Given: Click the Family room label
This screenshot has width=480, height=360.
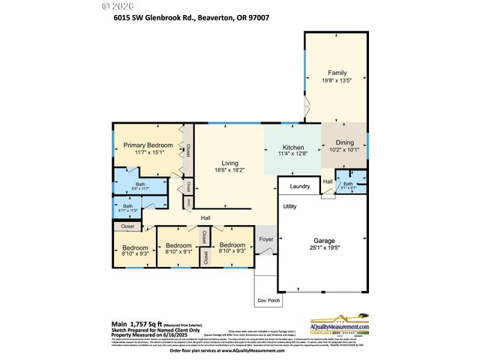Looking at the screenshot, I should pos(336,73).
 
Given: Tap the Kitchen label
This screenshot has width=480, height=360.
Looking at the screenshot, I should pos(292,148).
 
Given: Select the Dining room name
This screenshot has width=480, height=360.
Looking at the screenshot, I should pos(344,142).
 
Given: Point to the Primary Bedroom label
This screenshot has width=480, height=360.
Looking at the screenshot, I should pos(148,145).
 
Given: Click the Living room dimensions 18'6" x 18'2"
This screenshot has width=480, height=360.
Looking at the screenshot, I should pos(229,170).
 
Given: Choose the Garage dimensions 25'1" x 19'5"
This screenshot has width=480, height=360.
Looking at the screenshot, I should pos(324,247).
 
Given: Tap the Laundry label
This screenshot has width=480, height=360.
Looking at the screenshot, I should pos(299,186).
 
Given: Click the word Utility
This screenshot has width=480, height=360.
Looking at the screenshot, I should pos(289,206).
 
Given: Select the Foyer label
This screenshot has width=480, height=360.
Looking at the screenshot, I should pos(266,240).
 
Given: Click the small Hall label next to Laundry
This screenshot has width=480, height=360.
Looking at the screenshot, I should pos(328,181).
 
